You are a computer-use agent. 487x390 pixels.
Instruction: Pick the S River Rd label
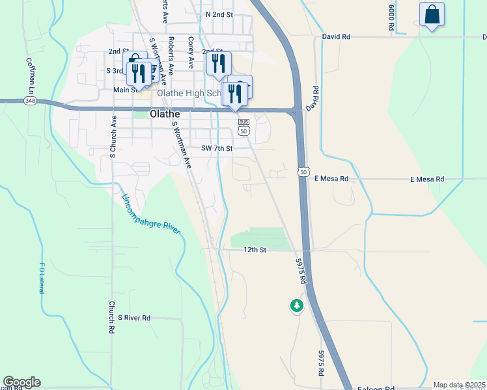click(134, 318)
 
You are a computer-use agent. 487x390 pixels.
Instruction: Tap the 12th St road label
click(255, 250)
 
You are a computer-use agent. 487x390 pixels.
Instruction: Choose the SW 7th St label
click(217, 148)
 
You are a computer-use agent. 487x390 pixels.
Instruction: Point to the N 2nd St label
click(219, 14)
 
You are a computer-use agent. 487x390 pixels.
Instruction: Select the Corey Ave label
click(191, 53)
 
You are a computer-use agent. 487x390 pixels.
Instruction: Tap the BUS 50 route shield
click(244, 127)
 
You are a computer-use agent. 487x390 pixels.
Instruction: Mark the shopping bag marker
click(432, 14)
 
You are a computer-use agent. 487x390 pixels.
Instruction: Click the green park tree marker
click(297, 305)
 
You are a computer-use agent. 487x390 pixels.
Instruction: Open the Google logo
click(21, 382)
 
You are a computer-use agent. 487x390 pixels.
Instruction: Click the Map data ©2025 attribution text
click(459, 385)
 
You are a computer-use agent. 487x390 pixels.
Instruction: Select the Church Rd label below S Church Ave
click(112, 317)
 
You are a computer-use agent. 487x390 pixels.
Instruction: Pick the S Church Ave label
click(113, 137)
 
